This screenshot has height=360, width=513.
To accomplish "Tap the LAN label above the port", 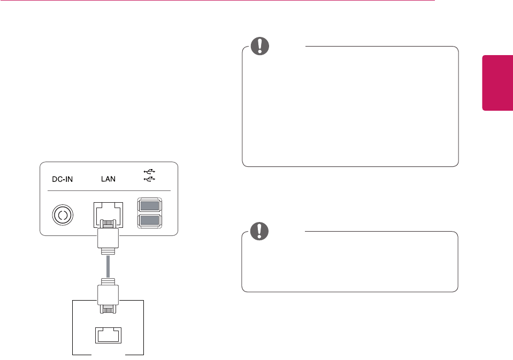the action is pos(109,179).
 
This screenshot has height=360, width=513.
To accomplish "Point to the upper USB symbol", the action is pos(150,171).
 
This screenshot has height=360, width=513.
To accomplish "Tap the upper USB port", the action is pos(150,205).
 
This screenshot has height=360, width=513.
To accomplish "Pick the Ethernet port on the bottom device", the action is pos(109,334).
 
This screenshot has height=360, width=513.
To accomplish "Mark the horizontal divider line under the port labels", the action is pos(107,191).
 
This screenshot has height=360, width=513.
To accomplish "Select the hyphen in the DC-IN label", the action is pos(64,180).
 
